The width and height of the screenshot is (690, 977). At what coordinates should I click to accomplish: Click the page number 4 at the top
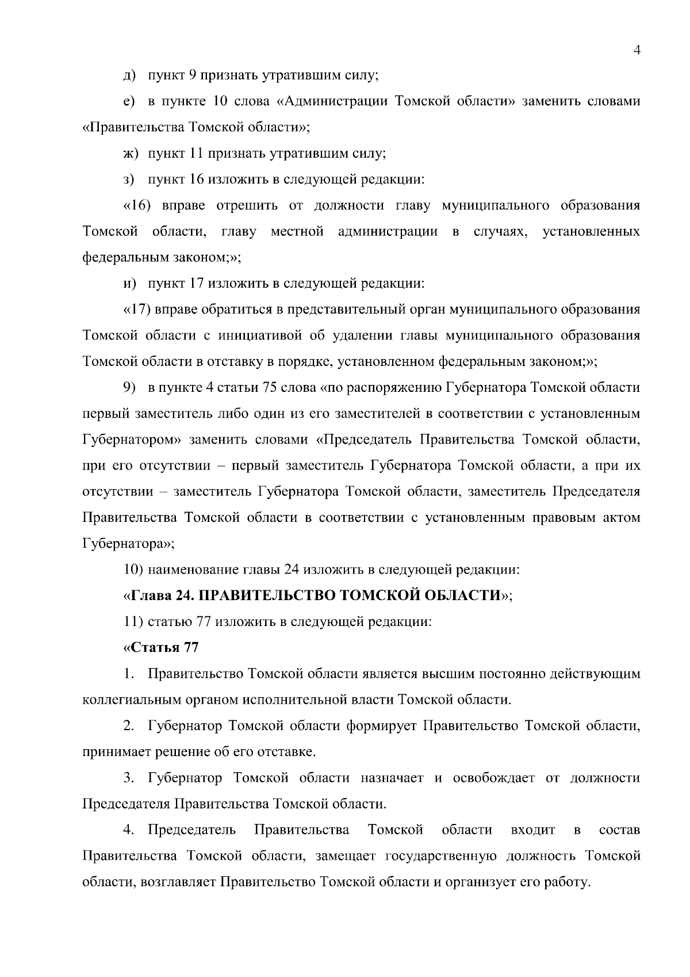(637, 50)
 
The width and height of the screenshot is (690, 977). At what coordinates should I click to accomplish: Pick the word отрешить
(259, 205)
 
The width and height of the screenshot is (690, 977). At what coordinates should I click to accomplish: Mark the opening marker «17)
(137, 309)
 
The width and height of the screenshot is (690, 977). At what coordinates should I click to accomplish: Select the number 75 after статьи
(270, 387)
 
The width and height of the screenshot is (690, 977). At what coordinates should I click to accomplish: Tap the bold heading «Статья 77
(161, 647)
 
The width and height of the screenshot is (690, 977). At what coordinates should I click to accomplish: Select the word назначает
(392, 778)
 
